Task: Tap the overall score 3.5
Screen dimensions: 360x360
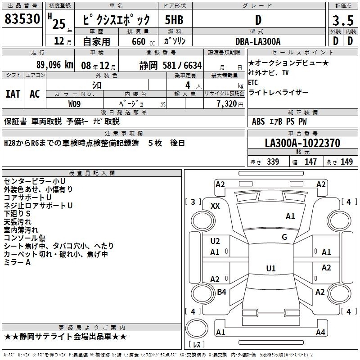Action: pyautogui.click(x=342, y=20)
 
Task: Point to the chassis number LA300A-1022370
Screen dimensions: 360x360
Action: pyautogui.click(x=302, y=143)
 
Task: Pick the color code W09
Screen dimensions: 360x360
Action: pyautogui.click(x=75, y=103)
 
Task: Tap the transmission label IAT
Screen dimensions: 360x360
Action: pyautogui.click(x=13, y=94)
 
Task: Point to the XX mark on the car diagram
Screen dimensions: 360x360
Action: pyautogui.click(x=215, y=206)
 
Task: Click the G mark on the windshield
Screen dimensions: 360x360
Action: pyautogui.click(x=284, y=237)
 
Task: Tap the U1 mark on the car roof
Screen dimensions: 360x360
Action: pyautogui.click(x=270, y=269)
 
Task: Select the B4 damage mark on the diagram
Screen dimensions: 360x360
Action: pyautogui.click(x=221, y=292)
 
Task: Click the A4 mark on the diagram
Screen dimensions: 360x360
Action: pyautogui.click(x=320, y=333)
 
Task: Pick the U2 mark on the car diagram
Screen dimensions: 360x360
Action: pyautogui.click(x=215, y=241)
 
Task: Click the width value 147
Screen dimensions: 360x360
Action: pyautogui.click(x=310, y=162)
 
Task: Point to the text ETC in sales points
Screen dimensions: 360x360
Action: pyautogui.click(x=253, y=82)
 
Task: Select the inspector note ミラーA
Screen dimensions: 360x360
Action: pyautogui.click(x=17, y=262)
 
